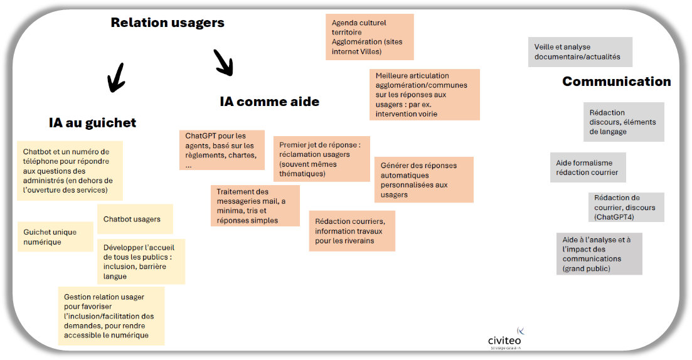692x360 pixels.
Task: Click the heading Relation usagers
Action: pos(168,23)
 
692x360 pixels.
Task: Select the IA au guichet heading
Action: pos(92,123)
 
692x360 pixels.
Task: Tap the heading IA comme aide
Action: pos(269,102)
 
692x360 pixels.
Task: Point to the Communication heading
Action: pos(616,82)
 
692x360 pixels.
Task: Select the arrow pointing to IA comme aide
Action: pos(223,62)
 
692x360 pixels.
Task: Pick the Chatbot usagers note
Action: pos(135,220)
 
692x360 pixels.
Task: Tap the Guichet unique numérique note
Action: pos(55,236)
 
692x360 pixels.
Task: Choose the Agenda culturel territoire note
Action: pos(370,37)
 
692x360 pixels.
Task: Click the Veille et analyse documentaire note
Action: pos(580,51)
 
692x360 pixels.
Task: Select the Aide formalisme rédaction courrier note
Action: pos(588,167)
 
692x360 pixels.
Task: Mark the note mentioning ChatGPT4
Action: pos(626,207)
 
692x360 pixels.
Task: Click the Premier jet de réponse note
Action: pos(322,159)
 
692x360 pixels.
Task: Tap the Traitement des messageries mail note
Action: pos(255,206)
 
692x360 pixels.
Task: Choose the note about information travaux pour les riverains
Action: pos(352,231)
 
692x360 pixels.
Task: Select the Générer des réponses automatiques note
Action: pos(423,180)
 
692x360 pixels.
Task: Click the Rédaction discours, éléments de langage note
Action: pos(623,122)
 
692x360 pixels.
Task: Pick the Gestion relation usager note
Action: pos(111,315)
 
